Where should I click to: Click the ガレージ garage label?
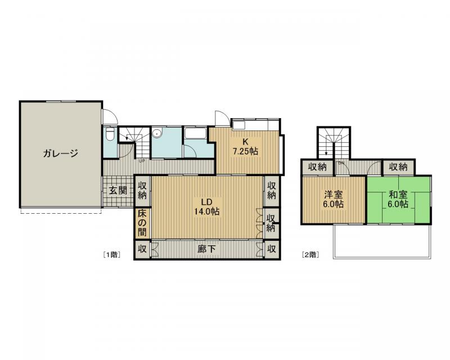[x=61, y=154]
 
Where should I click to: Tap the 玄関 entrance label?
[x=118, y=190]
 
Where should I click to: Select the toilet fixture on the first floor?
[x=110, y=134]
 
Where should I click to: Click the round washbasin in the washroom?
[x=157, y=133]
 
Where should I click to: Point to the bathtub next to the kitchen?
[x=195, y=133]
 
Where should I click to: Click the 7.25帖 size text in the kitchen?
[x=245, y=151]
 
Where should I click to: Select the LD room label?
[x=206, y=201]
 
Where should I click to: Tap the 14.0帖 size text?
[x=206, y=211]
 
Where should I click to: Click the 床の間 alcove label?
[x=142, y=223]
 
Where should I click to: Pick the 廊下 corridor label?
[x=206, y=249]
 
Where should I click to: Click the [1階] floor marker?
[x=111, y=254]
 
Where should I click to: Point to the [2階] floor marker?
[x=310, y=254]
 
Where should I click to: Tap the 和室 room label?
[x=398, y=195]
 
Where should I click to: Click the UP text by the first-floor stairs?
[x=142, y=161]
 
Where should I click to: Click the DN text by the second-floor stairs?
[x=341, y=163]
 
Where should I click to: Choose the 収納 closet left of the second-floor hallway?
[x=317, y=167]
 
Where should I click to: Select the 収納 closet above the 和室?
[x=398, y=167]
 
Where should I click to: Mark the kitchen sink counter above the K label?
[x=256, y=125]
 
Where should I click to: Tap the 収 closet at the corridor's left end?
[x=142, y=249]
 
